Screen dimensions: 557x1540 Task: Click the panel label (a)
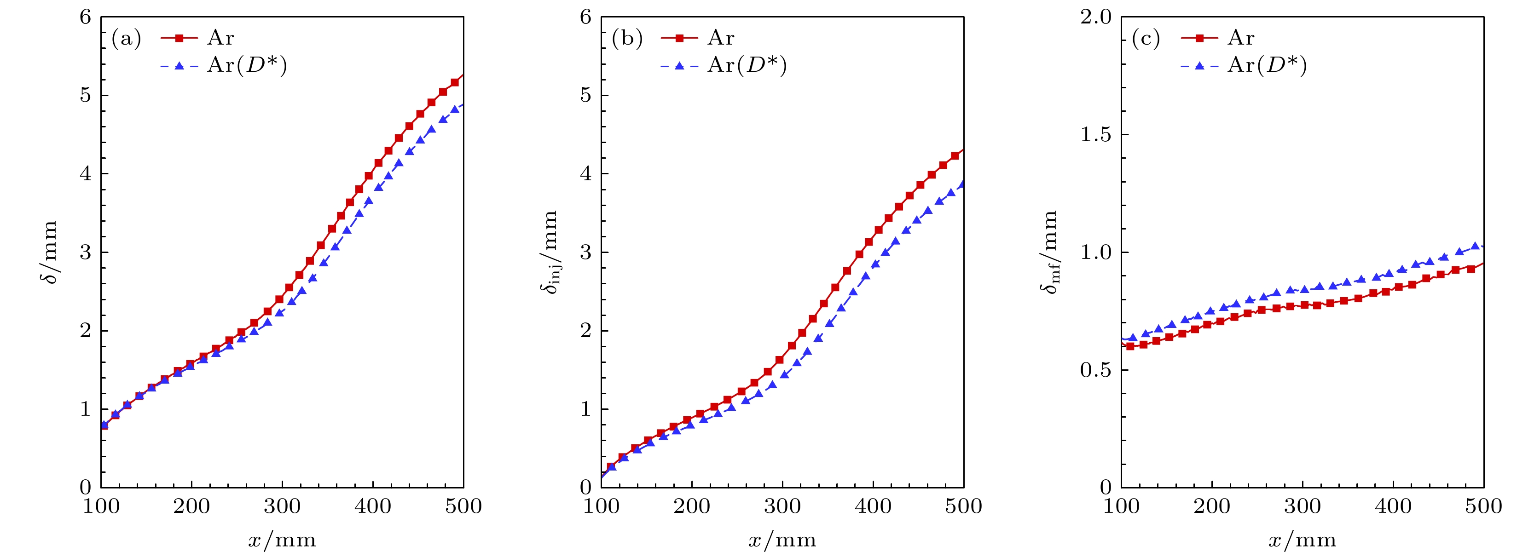pyautogui.click(x=126, y=39)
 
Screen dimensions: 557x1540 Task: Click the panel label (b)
pyautogui.click(x=626, y=39)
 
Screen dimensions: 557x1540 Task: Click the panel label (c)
pyautogui.click(x=1146, y=39)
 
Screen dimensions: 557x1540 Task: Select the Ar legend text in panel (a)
pyautogui.click(x=220, y=38)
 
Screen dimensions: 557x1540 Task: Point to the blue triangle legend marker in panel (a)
pyautogui.click(x=179, y=66)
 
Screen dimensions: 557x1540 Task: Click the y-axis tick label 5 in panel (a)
pyautogui.click(x=86, y=96)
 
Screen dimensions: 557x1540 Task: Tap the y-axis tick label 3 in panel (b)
pyautogui.click(x=586, y=252)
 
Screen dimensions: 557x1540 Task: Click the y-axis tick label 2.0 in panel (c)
pyautogui.click(x=1095, y=17)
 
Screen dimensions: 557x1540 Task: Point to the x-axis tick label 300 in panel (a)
pyautogui.click(x=282, y=507)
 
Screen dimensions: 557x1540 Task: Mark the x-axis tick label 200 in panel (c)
pyautogui.click(x=1212, y=507)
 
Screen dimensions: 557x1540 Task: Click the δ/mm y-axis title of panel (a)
pyautogui.click(x=50, y=252)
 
